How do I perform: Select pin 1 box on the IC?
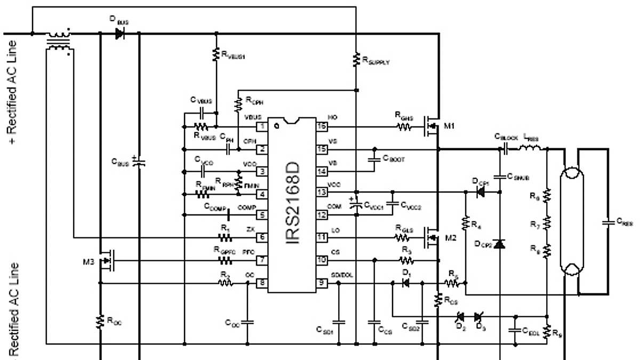(262, 127)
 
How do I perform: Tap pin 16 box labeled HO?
(322, 127)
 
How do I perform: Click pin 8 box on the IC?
(262, 283)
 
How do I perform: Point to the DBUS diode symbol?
(119, 34)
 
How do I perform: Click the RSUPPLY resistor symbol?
(356, 60)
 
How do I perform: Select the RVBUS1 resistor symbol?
(216, 54)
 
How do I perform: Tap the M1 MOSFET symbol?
(431, 126)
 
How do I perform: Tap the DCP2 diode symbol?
(499, 244)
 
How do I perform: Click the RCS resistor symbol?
(438, 300)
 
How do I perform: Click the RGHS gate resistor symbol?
(404, 127)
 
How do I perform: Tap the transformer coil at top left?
(59, 42)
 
